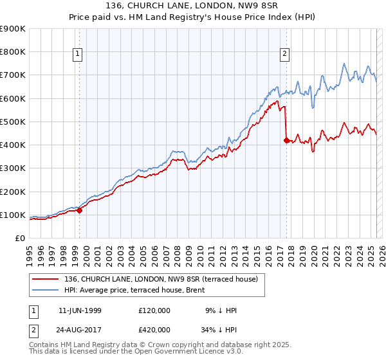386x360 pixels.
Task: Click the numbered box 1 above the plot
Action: [77, 55]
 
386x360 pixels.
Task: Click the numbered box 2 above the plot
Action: [284, 55]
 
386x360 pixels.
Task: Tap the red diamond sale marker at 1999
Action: [80, 210]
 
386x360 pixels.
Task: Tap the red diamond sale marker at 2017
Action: [286, 139]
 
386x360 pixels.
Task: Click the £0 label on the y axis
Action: [19, 239]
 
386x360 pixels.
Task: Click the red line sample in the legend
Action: [44, 279]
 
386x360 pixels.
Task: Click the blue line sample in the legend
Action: [44, 290]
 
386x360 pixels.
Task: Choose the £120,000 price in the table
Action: [154, 310]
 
